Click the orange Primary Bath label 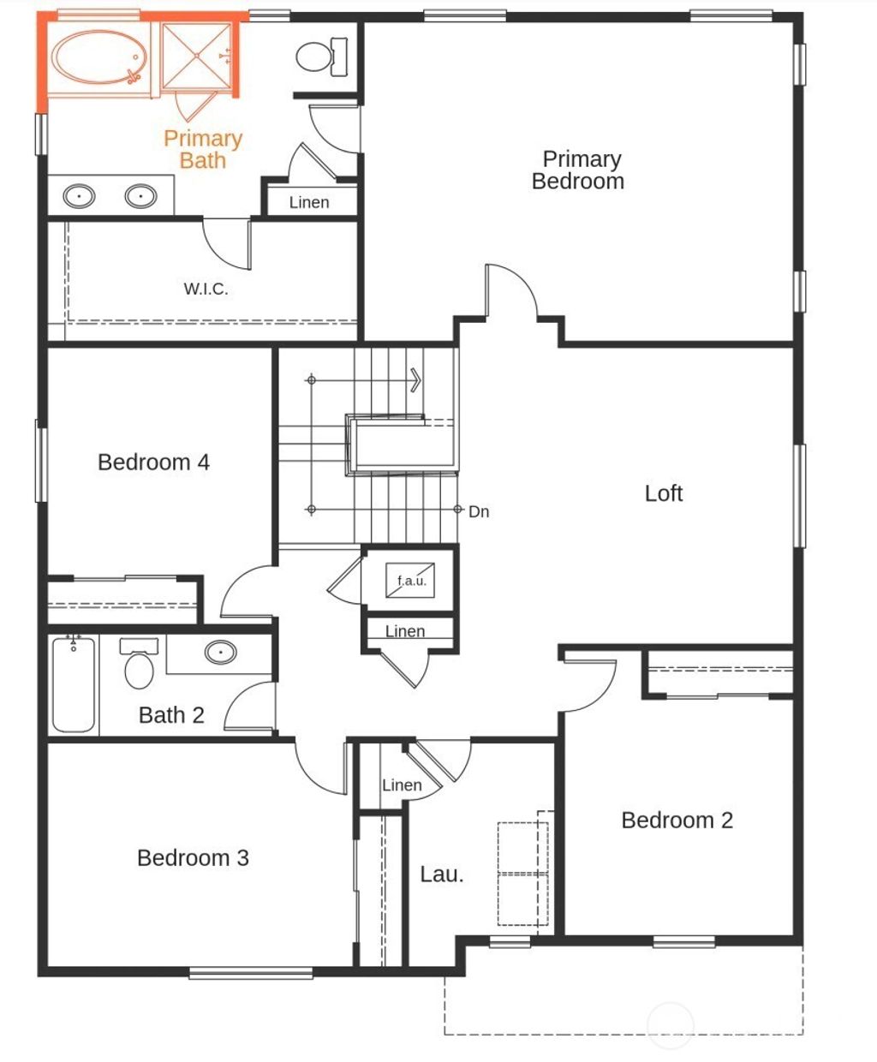[203, 149]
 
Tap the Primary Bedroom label [579, 170]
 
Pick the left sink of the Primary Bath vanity [80, 196]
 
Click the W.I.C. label [206, 289]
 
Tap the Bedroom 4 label [153, 462]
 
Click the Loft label [664, 493]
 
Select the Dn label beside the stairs [479, 511]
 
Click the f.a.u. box [411, 580]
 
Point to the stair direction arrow [415, 379]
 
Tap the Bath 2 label [171, 715]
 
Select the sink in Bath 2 [220, 653]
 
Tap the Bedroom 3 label [193, 858]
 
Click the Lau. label [442, 874]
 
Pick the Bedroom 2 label [677, 820]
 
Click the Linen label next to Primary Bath [308, 202]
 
